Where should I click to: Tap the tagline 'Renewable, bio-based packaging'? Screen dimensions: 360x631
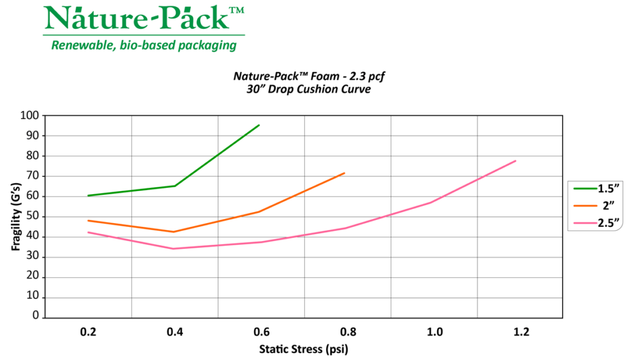tap(144, 45)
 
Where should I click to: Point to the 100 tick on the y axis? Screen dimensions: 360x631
tap(30, 115)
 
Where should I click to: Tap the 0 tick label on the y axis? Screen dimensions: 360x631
tap(36, 317)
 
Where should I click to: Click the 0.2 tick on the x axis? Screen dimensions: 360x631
tap(89, 332)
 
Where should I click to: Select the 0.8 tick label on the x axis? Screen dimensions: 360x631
tap(348, 332)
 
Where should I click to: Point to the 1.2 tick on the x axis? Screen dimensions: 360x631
tap(521, 332)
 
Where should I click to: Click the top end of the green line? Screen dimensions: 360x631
tap(259, 125)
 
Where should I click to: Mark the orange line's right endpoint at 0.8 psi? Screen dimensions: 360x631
tap(344, 173)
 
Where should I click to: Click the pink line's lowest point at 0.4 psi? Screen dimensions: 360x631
tap(174, 248)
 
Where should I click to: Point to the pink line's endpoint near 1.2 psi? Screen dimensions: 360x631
tap(516, 161)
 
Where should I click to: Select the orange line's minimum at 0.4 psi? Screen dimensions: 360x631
tap(174, 232)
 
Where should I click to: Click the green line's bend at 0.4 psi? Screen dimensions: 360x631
tap(175, 186)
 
